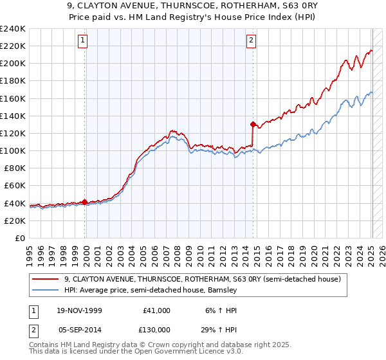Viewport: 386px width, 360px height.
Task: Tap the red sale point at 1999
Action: click(85, 202)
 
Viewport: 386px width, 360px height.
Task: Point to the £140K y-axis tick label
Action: click(12, 116)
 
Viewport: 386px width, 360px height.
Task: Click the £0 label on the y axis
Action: click(19, 238)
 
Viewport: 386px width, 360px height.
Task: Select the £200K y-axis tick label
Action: click(12, 64)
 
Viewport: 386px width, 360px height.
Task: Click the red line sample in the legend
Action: click(46, 279)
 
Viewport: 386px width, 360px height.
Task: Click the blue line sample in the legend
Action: click(46, 290)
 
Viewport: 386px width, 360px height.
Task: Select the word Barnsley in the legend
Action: click(222, 290)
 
